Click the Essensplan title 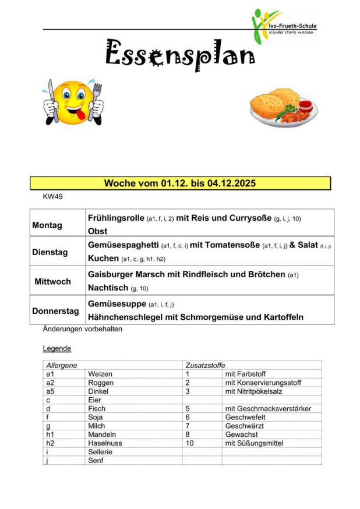pyautogui.click(x=179, y=54)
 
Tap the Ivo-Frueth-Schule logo pyautogui.click(x=284, y=26)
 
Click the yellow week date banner pyautogui.click(x=180, y=183)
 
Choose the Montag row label pyautogui.click(x=47, y=225)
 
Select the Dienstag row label pyautogui.click(x=50, y=253)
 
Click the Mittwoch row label pyautogui.click(x=52, y=281)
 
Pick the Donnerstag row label pyautogui.click(x=55, y=311)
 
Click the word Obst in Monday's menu pyautogui.click(x=97, y=231)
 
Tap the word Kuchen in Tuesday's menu pyautogui.click(x=103, y=258)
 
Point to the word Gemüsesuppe pyautogui.click(x=117, y=304)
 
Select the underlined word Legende pyautogui.click(x=57, y=349)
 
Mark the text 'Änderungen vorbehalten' pyautogui.click(x=82, y=329)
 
